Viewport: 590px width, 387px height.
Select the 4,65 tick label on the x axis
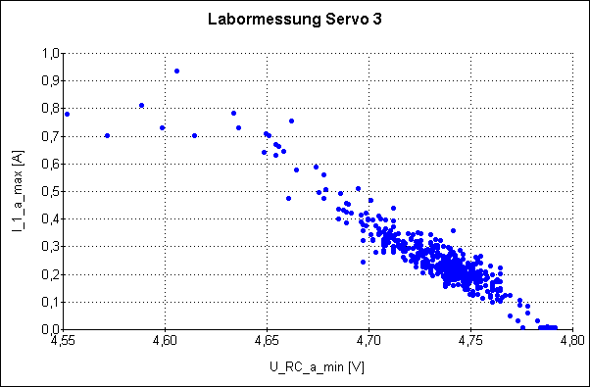pyautogui.click(x=267, y=342)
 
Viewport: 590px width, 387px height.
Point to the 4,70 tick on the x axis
pyautogui.click(x=369, y=342)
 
